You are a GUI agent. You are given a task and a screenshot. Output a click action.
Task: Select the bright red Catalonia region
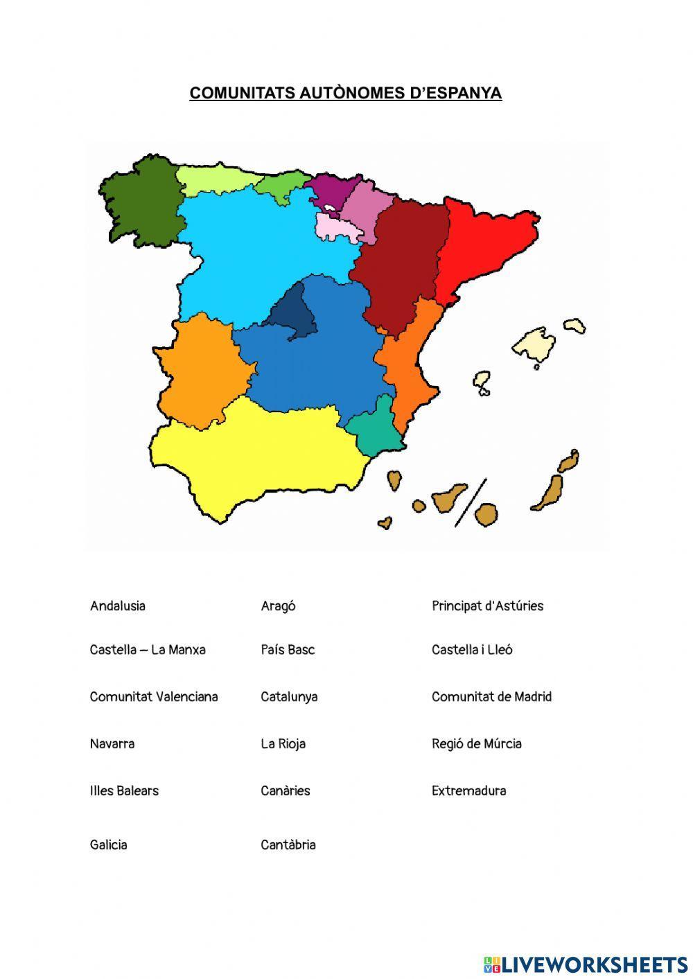pos(485,242)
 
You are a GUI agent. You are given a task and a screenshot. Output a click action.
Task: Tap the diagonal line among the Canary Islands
pos(471,502)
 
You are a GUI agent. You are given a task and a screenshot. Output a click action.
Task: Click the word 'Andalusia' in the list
pos(118,606)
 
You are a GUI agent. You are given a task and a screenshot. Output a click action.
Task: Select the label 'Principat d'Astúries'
pos(487,606)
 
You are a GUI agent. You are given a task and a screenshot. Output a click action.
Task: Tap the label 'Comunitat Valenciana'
pos(154,697)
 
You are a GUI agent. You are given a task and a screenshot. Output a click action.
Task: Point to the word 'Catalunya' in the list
pos(289,697)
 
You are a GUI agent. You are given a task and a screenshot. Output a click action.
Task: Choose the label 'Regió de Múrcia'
pos(477,744)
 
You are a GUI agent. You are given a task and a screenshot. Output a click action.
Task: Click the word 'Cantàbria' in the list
pos(288,845)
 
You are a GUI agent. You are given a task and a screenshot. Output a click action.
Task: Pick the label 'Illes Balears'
pos(124,791)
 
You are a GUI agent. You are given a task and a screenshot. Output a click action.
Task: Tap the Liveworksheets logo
pos(586,964)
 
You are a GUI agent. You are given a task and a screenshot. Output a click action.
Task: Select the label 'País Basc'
pos(288,650)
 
